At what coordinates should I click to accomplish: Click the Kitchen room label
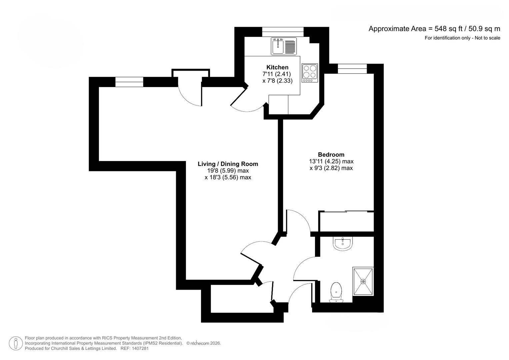click(x=277, y=67)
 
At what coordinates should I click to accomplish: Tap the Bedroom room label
click(x=331, y=155)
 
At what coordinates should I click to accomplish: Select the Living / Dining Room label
click(x=228, y=164)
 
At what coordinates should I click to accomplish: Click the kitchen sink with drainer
click(x=284, y=46)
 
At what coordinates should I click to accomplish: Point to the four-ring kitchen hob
click(x=310, y=73)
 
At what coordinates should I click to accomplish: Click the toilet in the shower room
click(x=336, y=293)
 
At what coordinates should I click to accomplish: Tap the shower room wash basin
click(x=343, y=243)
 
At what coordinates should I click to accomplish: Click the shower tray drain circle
click(x=363, y=282)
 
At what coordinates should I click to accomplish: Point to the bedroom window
click(x=352, y=69)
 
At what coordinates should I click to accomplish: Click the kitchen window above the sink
click(x=283, y=32)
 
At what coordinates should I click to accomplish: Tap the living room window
click(x=129, y=82)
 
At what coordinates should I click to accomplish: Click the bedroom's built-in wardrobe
click(x=346, y=221)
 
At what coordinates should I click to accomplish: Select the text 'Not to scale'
click(x=487, y=38)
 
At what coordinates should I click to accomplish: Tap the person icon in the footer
click(x=16, y=343)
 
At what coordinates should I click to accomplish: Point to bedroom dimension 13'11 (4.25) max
click(x=331, y=161)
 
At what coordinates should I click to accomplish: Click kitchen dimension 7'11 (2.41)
click(x=277, y=74)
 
